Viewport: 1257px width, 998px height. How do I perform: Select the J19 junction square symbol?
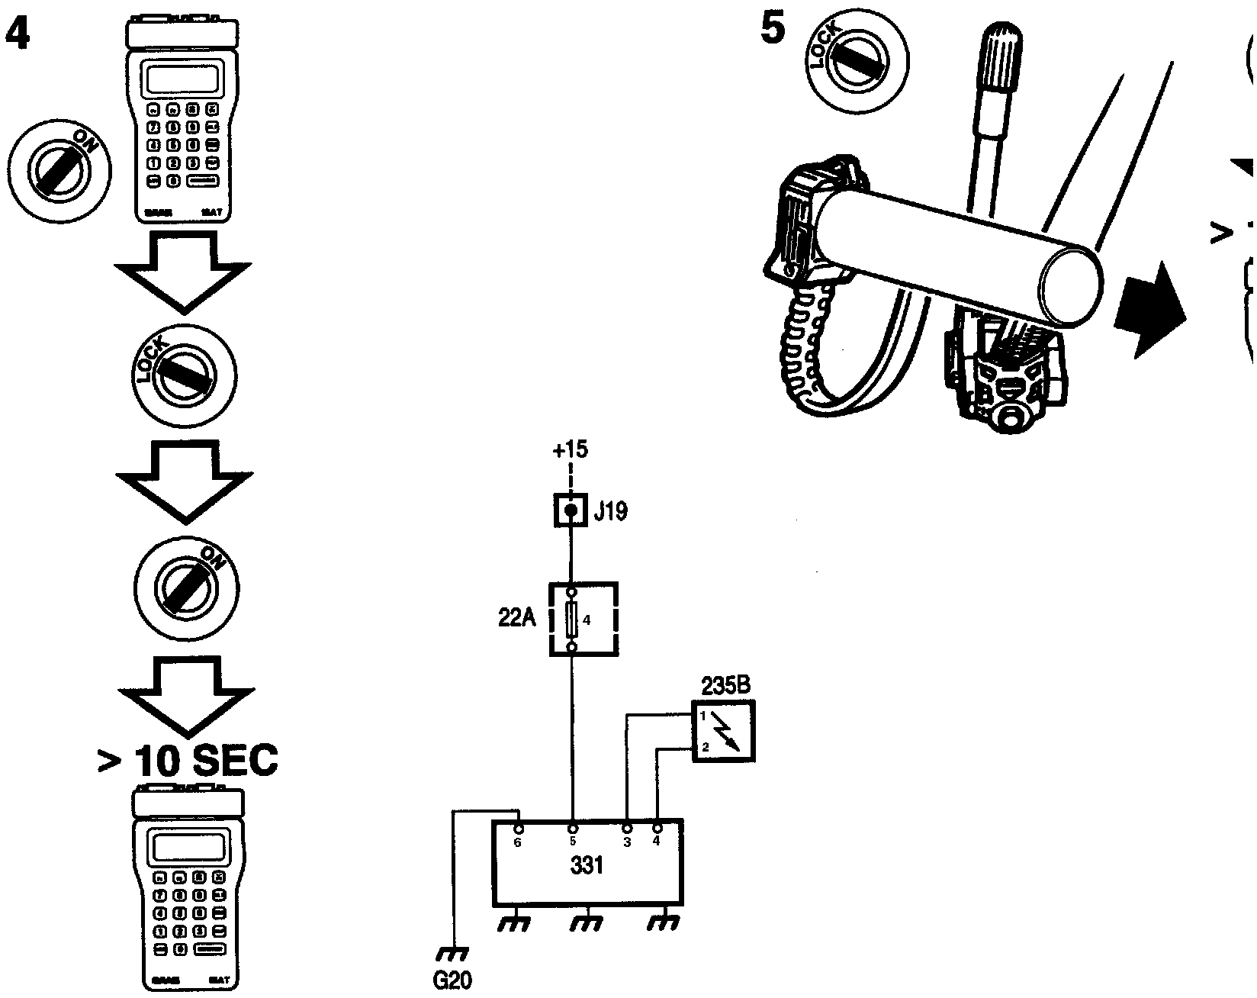571,509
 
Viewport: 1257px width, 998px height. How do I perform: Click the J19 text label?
610,510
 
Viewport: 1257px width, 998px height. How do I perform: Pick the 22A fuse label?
517,620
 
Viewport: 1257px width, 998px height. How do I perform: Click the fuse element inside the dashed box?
571,620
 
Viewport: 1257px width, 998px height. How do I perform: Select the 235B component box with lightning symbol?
723,732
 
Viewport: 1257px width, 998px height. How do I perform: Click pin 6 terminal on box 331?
519,829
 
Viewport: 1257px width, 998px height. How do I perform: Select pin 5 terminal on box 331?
573,829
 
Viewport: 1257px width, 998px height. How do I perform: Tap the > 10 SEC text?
188,760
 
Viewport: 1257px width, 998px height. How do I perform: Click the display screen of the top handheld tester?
184,78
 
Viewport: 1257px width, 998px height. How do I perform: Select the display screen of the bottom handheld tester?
188,847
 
